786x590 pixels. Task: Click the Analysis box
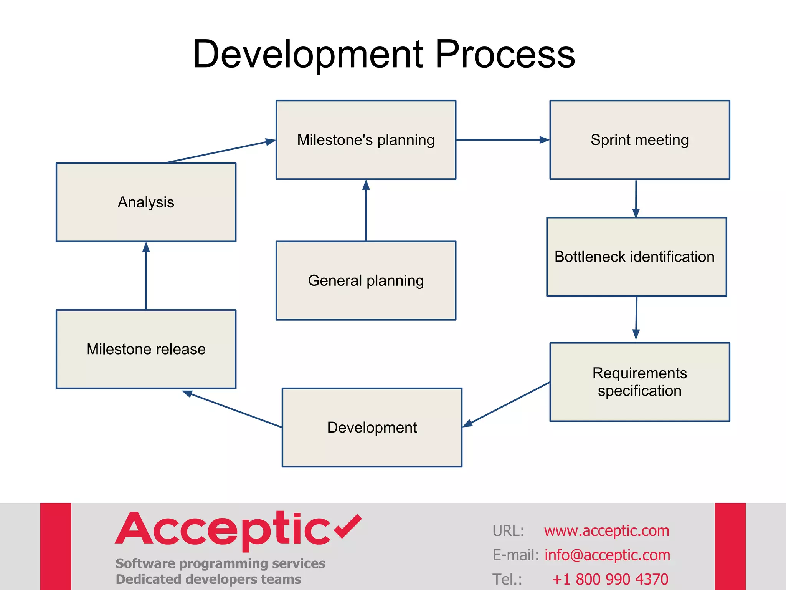pyautogui.click(x=146, y=202)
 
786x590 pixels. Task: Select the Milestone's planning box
pyautogui.click(x=366, y=140)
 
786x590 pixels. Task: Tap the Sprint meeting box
pyautogui.click(x=639, y=140)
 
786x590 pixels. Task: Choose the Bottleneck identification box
pyautogui.click(x=636, y=257)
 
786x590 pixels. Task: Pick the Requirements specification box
pyautogui.click(x=639, y=382)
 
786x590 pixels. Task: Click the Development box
pyautogui.click(x=372, y=427)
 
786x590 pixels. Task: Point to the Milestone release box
pyautogui.click(x=146, y=349)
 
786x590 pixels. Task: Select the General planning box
pyautogui.click(x=366, y=280)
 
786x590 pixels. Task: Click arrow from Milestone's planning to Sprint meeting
pyautogui.click(x=503, y=140)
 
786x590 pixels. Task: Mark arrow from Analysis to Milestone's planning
pyautogui.click(x=221, y=151)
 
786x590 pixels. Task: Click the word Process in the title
pyautogui.click(x=504, y=55)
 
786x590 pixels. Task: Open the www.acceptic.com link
pyautogui.click(x=606, y=530)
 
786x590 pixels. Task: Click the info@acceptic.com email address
pyautogui.click(x=607, y=555)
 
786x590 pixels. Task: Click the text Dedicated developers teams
pyautogui.click(x=208, y=579)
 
